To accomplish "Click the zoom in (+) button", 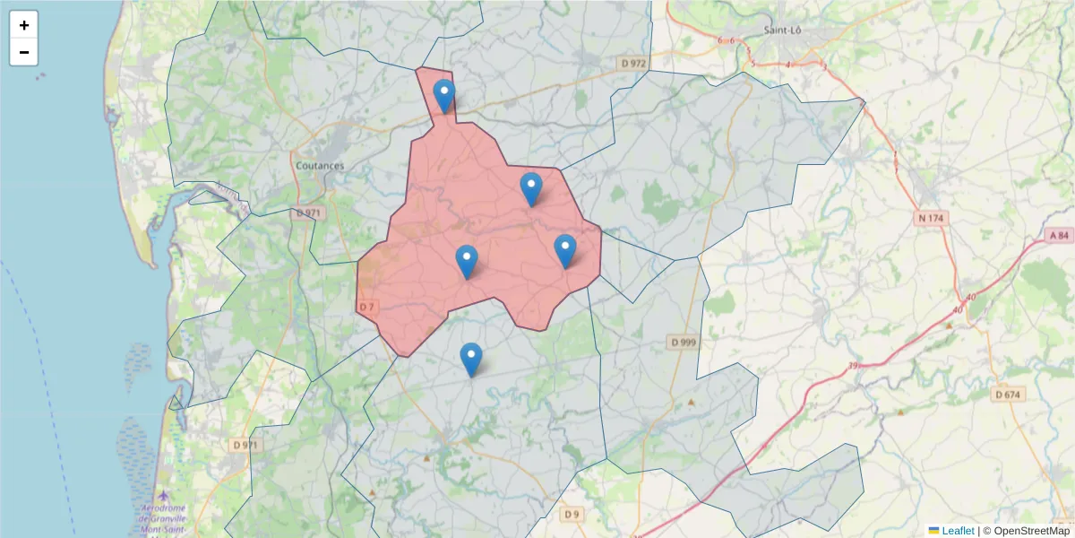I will pyautogui.click(x=24, y=25).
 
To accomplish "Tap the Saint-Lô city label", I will pyautogui.click(x=781, y=30).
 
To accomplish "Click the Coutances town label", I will pyautogui.click(x=320, y=166).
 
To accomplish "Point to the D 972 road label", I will pyautogui.click(x=632, y=63).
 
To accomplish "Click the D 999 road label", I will pyautogui.click(x=683, y=343).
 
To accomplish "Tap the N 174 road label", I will pyautogui.click(x=933, y=218).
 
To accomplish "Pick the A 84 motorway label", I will pyautogui.click(x=1058, y=235).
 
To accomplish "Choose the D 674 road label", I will pyautogui.click(x=1009, y=395).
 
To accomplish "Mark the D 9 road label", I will pyautogui.click(x=572, y=514).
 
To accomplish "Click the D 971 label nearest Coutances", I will pyautogui.click(x=306, y=213).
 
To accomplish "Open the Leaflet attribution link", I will pyautogui.click(x=958, y=531).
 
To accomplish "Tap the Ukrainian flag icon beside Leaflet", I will pyautogui.click(x=933, y=531).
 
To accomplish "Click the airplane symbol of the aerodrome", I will pyautogui.click(x=162, y=496).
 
